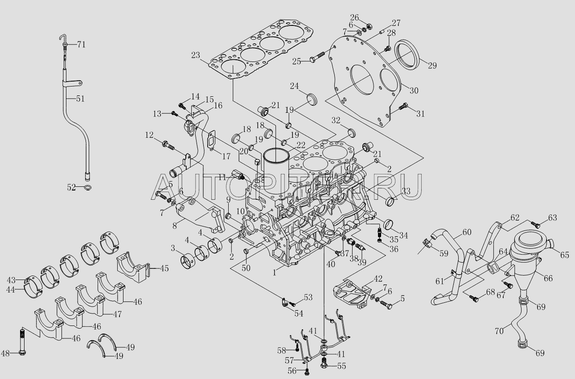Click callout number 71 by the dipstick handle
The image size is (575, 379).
[x=81, y=45]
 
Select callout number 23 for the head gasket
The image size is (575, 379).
[x=195, y=56]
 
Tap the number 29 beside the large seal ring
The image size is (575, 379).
[x=432, y=65]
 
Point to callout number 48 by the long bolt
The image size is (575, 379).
[x=5, y=354]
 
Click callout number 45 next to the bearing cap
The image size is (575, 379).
[x=164, y=268]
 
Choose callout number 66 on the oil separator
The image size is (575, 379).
[x=548, y=278]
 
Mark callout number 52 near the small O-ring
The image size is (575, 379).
[x=71, y=188]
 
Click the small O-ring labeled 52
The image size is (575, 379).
[x=88, y=187]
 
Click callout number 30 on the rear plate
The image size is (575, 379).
[x=414, y=91]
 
